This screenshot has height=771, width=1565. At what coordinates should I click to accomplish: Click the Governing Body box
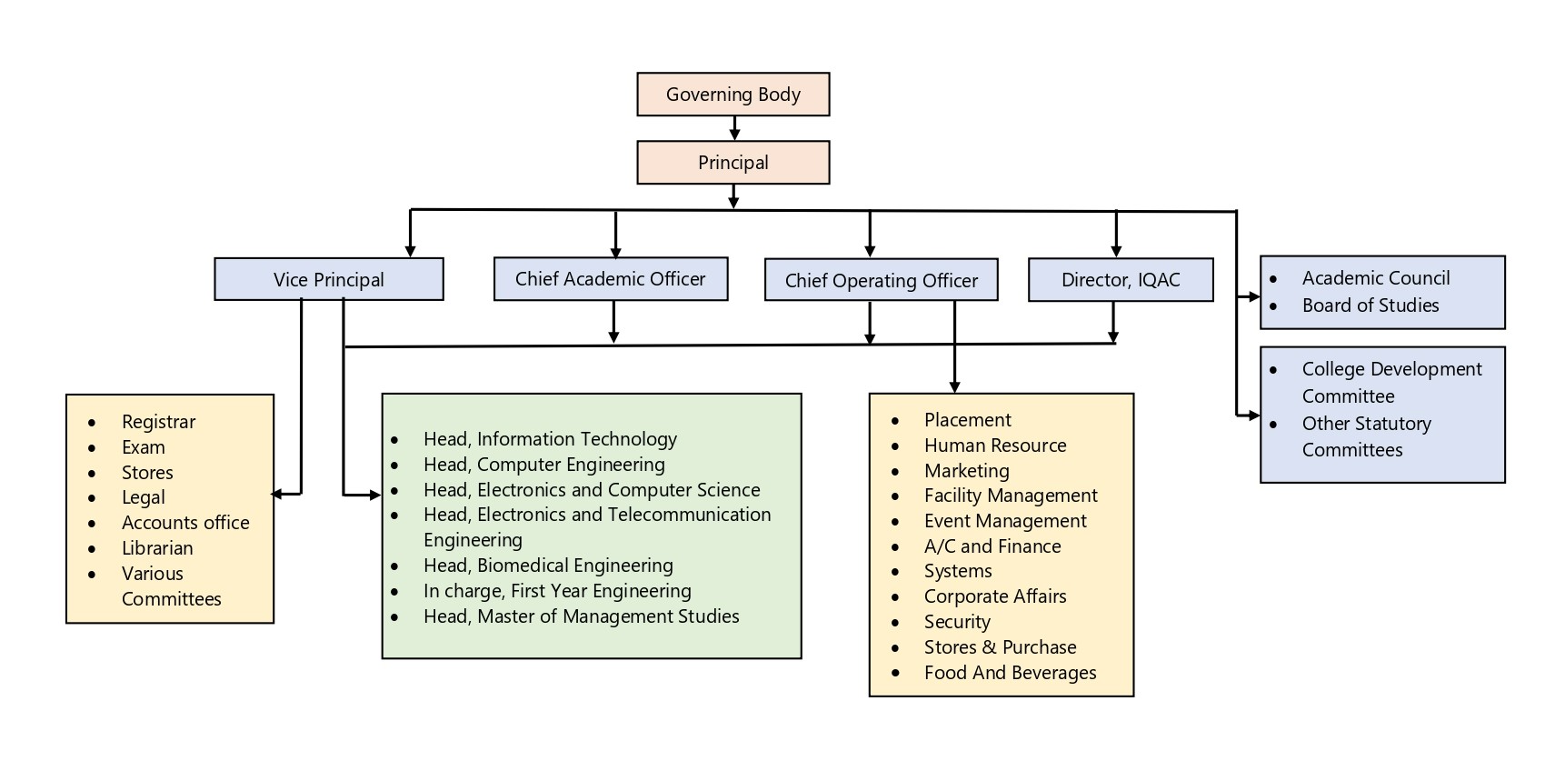pos(733,95)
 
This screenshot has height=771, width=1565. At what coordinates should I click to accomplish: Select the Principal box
pos(733,163)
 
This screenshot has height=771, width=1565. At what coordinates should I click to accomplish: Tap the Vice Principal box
pos(328,280)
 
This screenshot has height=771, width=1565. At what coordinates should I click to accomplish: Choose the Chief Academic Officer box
pos(610,279)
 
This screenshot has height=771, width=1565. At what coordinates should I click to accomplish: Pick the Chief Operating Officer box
pos(881,281)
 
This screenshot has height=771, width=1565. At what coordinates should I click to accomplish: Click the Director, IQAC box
pos(1120,280)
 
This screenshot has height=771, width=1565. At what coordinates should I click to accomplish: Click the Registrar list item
pos(158,422)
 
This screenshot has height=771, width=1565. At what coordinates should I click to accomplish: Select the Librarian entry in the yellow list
pos(157,548)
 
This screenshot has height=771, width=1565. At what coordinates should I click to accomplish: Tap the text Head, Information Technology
pos(550,439)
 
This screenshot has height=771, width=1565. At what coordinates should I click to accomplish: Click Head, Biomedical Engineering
pos(548,566)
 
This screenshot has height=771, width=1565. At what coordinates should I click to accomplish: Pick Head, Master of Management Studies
pos(581,616)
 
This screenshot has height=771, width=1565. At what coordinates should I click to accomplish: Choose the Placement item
pos(967,420)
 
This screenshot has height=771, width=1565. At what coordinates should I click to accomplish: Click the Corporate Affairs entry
pos(994,596)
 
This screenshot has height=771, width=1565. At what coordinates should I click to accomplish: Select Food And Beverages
pos(1010,673)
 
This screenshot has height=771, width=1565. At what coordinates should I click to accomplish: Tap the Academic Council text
pos(1375,278)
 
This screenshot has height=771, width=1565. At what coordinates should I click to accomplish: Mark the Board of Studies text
pos(1370,305)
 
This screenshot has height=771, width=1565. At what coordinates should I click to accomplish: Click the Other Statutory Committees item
pos(1365,436)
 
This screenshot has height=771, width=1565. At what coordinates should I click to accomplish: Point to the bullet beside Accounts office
pos(92,524)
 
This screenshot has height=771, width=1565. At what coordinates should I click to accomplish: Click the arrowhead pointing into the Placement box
pos(954,387)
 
